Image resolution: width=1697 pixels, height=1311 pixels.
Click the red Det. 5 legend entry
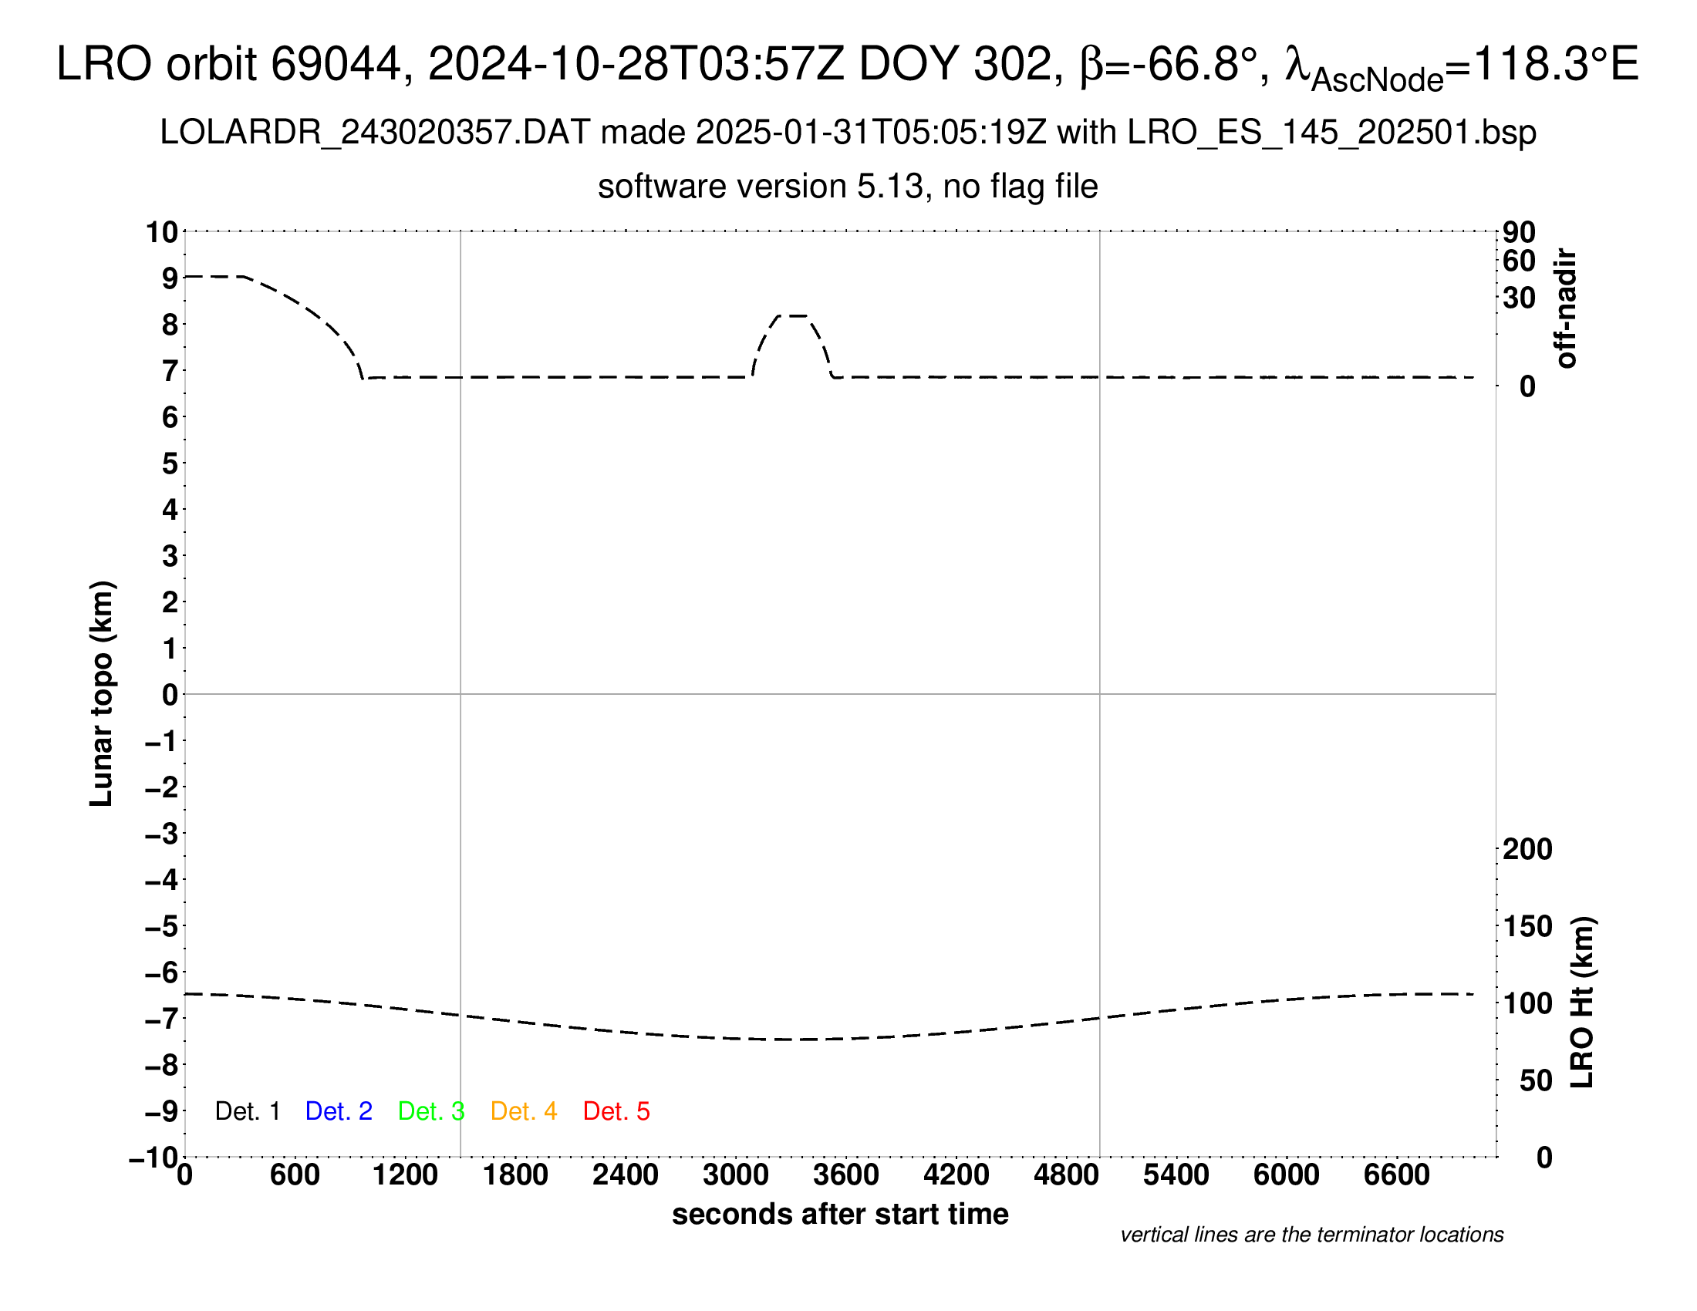tap(616, 1111)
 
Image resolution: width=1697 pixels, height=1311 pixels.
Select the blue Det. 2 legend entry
tap(339, 1111)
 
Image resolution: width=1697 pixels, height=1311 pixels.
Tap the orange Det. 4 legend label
tap(524, 1111)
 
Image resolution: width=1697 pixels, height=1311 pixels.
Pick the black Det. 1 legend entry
tap(247, 1111)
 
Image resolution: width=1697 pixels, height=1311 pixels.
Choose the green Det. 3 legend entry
tap(431, 1111)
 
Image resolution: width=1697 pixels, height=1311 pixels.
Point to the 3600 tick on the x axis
tap(846, 1175)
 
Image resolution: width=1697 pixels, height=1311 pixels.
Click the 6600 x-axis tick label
tap(1396, 1175)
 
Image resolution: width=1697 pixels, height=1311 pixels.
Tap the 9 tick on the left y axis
tap(170, 278)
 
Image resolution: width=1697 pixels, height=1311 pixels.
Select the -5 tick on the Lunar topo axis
tap(162, 926)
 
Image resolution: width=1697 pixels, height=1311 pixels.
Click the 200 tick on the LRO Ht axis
tap(1527, 849)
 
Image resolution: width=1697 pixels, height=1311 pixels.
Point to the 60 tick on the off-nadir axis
tap(1519, 261)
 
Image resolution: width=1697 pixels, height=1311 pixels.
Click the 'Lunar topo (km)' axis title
tap(102, 693)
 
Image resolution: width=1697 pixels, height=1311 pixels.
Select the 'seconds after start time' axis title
tap(840, 1214)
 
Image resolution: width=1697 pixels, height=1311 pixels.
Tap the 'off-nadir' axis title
tap(1566, 308)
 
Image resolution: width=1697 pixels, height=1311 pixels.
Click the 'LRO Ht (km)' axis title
tap(1581, 1003)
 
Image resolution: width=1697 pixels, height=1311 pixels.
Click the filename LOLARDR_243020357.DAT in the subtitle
tap(376, 133)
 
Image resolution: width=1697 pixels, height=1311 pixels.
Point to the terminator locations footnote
tap(1311, 1235)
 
